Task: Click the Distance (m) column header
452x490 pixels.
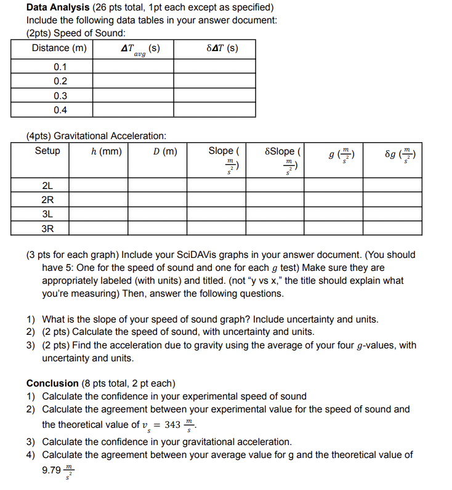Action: (59, 48)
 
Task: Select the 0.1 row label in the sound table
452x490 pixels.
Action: (60, 67)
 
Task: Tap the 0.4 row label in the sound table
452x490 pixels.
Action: (60, 110)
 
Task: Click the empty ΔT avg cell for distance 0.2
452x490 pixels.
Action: (133, 81)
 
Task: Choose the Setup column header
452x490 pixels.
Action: (47, 151)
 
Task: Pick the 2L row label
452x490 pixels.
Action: (47, 185)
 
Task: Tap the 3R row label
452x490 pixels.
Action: (47, 228)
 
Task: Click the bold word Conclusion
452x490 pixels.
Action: (52, 383)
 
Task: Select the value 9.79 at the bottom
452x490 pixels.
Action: (52, 470)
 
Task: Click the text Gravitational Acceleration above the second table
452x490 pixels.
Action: (110, 135)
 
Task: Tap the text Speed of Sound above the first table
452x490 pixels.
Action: (99, 33)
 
